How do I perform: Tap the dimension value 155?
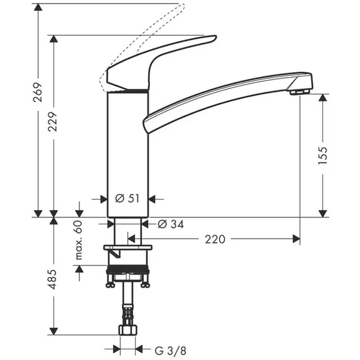324,154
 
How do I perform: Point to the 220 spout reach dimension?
215,239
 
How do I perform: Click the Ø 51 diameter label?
126,198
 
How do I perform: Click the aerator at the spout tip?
298,91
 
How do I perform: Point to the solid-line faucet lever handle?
158,60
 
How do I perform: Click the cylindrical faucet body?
126,149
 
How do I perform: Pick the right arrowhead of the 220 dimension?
297,239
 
